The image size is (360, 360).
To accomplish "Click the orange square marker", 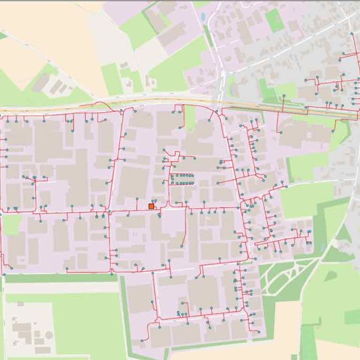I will (151, 207).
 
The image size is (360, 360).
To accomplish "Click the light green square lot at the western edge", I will (11, 225).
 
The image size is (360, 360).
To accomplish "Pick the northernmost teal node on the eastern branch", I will (353, 34).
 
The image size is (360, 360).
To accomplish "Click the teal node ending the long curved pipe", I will (181, 246).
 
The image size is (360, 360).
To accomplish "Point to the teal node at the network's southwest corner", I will (4, 273).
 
